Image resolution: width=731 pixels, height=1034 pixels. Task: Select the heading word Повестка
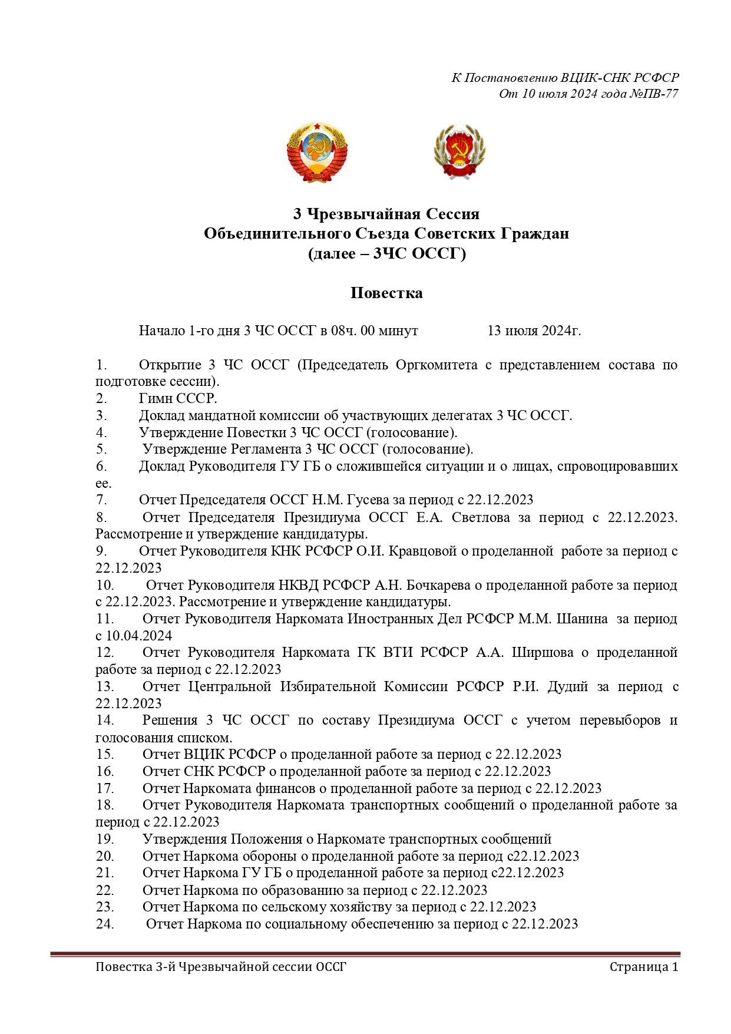[386, 293]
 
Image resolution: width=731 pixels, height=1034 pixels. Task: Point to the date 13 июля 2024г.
[534, 331]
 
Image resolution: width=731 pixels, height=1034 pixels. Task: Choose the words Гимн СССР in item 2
[178, 399]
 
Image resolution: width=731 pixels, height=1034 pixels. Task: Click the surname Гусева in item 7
[368, 500]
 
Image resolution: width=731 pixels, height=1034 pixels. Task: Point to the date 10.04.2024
[139, 636]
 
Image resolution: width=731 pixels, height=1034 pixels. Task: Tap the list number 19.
[105, 840]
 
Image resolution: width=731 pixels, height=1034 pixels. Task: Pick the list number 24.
[105, 924]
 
